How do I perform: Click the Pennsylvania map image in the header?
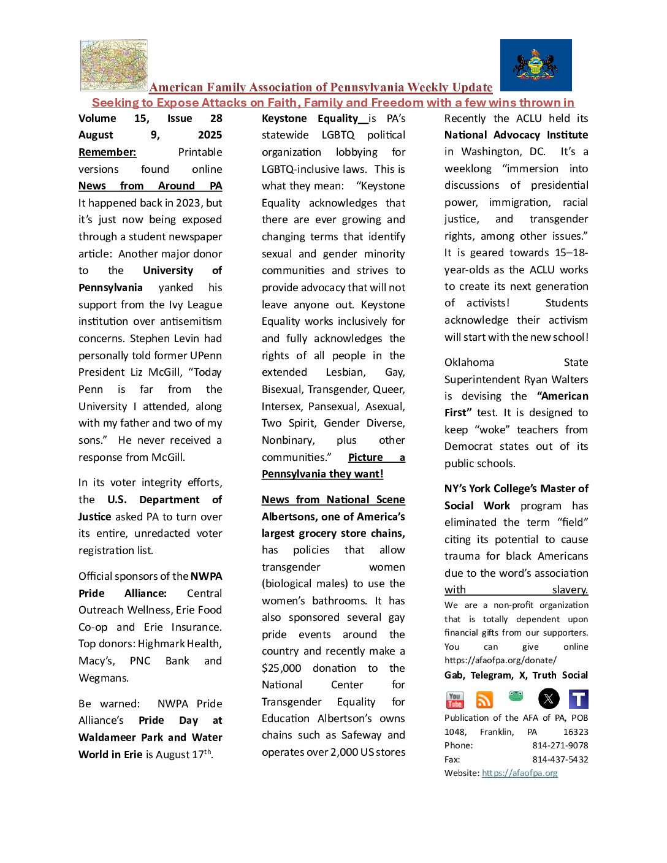[x=114, y=66]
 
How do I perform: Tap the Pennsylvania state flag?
[x=536, y=66]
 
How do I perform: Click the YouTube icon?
[x=455, y=699]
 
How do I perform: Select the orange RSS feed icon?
[x=484, y=699]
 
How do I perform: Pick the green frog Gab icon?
[x=516, y=696]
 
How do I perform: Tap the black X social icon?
[x=549, y=699]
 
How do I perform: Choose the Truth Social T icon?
[x=578, y=699]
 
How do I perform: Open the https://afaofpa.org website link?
[x=519, y=773]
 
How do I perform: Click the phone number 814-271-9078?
[x=560, y=745]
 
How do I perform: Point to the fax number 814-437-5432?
[x=560, y=759]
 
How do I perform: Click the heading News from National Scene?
[x=333, y=500]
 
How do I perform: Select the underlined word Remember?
[x=107, y=152]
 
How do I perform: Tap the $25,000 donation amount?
[x=281, y=668]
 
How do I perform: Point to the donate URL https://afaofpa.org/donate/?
[x=500, y=660]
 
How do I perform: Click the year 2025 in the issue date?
[x=210, y=135]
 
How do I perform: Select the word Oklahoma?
[x=469, y=362]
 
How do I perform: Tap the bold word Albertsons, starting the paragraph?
[x=291, y=517]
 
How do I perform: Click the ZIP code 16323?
[x=575, y=732]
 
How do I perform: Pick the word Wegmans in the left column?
[x=104, y=678]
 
